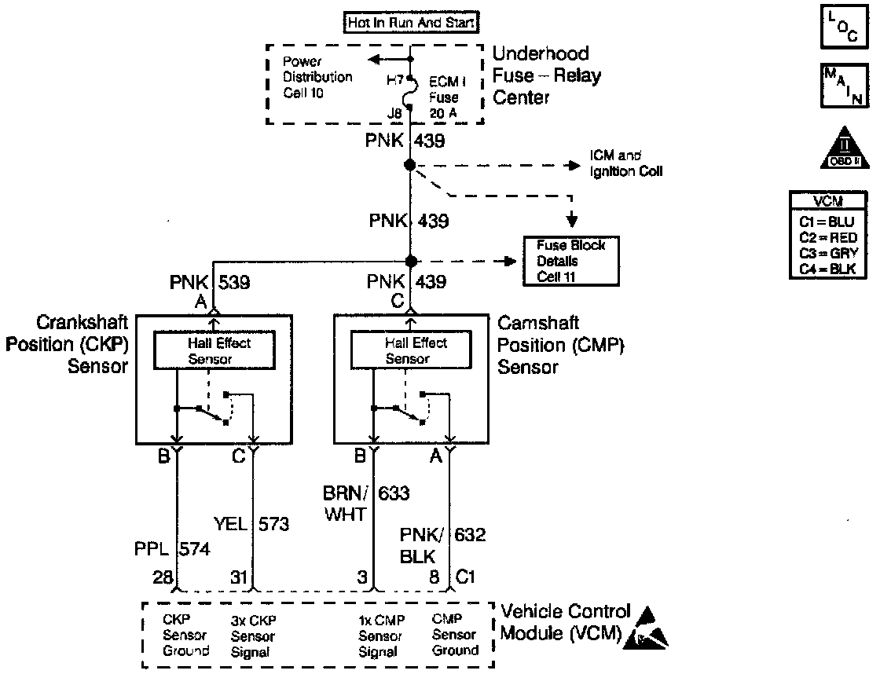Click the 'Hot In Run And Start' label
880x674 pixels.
click(x=411, y=23)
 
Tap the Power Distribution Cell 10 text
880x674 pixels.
click(x=317, y=78)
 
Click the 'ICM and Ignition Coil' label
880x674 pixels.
click(x=625, y=163)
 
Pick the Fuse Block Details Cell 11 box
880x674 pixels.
click(x=571, y=261)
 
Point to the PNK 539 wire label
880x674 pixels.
click(x=211, y=281)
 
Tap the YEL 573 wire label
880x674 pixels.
click(x=251, y=524)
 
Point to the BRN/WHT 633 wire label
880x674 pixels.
click(x=365, y=504)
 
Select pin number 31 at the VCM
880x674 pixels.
click(x=237, y=577)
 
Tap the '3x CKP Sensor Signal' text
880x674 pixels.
click(x=253, y=636)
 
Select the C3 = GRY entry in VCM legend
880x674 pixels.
click(x=840, y=252)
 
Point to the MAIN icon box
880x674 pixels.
click(x=841, y=86)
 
